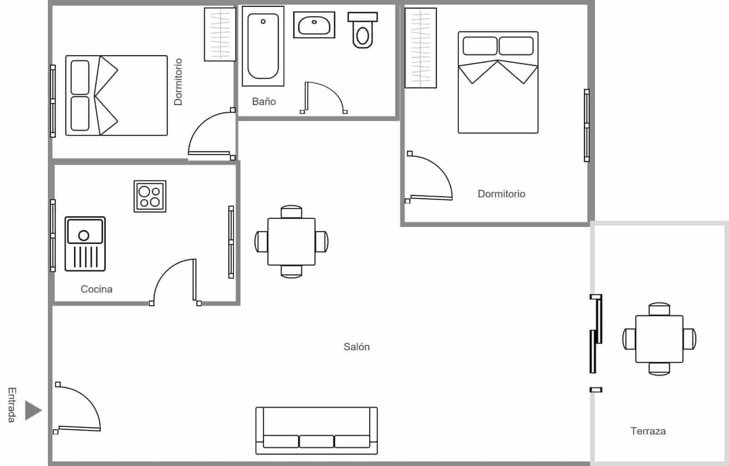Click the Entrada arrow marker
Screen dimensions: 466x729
point(33,410)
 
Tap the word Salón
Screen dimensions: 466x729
point(356,347)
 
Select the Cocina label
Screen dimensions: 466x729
point(96,289)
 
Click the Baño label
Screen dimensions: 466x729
point(264,102)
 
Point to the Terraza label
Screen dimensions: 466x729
point(648,431)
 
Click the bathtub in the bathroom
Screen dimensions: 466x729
point(263,46)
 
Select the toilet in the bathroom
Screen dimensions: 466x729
point(363,31)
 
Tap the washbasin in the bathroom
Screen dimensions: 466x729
point(314,25)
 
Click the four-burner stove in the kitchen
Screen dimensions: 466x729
point(150,196)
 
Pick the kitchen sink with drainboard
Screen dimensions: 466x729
point(85,244)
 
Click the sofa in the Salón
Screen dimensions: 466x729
point(317,430)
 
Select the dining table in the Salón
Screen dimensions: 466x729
point(292,241)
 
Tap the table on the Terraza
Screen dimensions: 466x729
point(659,339)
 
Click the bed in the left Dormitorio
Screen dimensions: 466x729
point(117,96)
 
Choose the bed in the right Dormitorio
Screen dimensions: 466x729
point(498,82)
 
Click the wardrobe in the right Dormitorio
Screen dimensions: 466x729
point(421,48)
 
